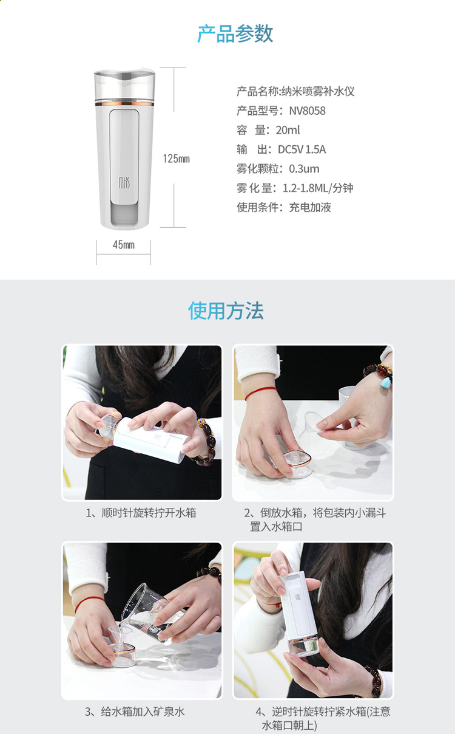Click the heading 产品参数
(x=235, y=33)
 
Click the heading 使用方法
(x=226, y=310)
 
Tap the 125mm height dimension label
(x=177, y=159)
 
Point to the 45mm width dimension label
(x=124, y=245)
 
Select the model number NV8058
(x=307, y=111)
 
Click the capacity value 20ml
(x=288, y=130)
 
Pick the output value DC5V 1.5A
(x=302, y=149)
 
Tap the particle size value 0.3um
(x=304, y=169)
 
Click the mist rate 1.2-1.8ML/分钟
(x=318, y=188)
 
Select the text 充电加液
(x=310, y=207)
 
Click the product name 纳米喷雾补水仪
(x=318, y=91)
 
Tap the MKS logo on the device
(x=124, y=182)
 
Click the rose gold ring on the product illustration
(x=124, y=104)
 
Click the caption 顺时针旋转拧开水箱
(x=149, y=513)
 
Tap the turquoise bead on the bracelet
(x=386, y=382)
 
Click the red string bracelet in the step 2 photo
(x=261, y=392)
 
